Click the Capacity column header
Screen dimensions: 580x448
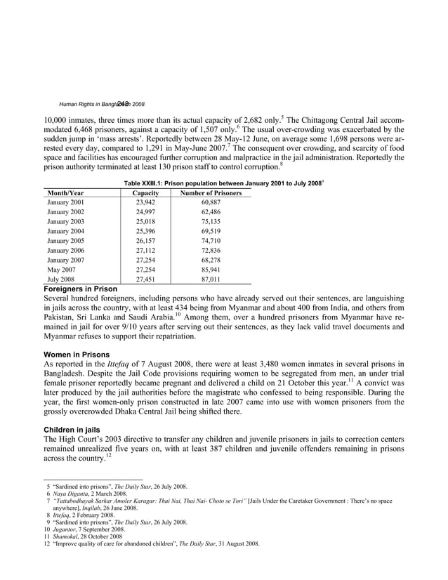tap(145, 192)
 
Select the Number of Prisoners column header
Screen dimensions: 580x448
tap(211, 192)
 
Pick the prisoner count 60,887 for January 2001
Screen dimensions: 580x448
tap(211, 203)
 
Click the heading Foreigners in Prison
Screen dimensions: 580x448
tap(81, 289)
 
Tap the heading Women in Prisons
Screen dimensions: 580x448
tap(75, 355)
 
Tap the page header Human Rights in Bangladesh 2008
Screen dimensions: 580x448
tap(102, 103)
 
